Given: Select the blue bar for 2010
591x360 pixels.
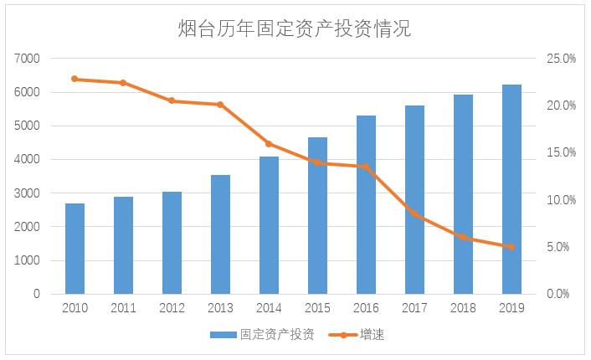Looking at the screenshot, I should click(75, 249).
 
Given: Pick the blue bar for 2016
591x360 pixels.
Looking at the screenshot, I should click(366, 205).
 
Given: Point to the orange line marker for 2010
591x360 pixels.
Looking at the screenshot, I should click(75, 79).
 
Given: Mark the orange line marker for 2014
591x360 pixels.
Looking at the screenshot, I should click(269, 144).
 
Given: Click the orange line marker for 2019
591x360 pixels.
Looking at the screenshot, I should click(511, 247).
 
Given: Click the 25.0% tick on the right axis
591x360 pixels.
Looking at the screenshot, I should click(562, 59).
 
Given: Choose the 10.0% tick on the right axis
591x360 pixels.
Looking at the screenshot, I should click(562, 200).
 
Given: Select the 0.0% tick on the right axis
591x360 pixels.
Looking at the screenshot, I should click(562, 294).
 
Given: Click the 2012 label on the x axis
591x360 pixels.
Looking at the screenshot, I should click(172, 308).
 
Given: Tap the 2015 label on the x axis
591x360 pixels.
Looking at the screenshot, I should click(317, 308).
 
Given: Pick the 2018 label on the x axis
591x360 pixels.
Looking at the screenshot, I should click(463, 308).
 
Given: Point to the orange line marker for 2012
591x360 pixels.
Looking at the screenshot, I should click(172, 100).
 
